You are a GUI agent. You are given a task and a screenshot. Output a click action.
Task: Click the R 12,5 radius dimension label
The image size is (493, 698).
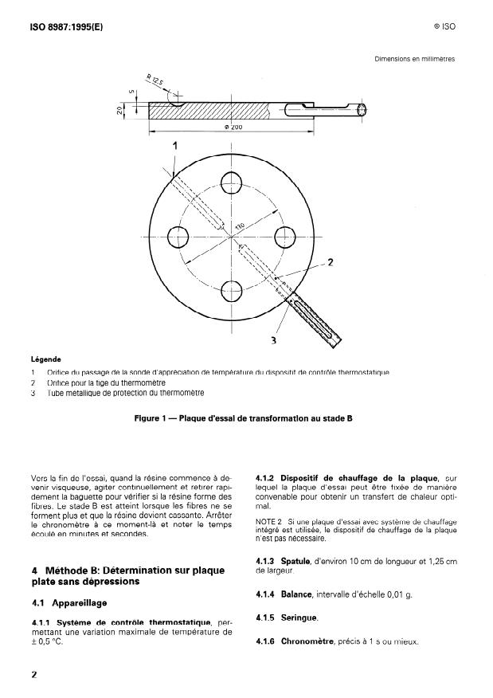[x=154, y=81]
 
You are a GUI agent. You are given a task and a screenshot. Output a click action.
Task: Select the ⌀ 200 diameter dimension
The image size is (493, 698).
[x=233, y=127]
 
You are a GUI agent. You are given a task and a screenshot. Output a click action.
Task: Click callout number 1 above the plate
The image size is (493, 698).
[x=174, y=146]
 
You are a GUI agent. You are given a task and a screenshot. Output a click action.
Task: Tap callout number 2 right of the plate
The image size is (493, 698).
[x=331, y=263]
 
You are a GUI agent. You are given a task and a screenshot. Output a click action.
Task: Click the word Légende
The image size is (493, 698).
[x=45, y=359]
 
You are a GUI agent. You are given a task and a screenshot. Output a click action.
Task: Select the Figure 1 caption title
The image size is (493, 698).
[x=244, y=418]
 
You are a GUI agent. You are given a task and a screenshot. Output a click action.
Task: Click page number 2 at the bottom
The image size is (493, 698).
[x=33, y=674]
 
